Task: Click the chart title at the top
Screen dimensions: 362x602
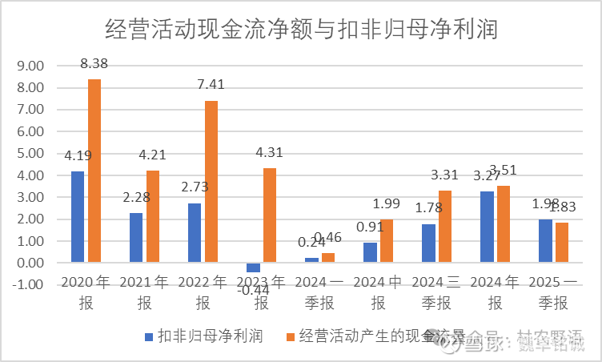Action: (x=302, y=30)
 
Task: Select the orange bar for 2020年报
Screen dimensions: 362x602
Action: (x=94, y=171)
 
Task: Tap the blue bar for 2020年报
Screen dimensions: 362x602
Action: (x=78, y=216)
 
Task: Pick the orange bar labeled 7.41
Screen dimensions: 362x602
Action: (x=211, y=182)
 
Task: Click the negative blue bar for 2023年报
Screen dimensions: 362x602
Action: (x=253, y=267)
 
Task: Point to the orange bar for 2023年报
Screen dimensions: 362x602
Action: (x=270, y=215)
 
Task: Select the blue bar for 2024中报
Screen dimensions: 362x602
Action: (x=370, y=252)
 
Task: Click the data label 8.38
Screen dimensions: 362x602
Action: (x=95, y=62)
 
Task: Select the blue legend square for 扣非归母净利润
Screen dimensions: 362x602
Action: (x=147, y=335)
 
